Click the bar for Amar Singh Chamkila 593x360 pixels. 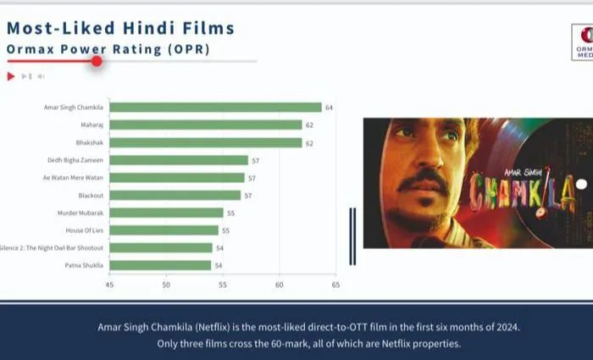215,108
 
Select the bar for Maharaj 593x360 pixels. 206,125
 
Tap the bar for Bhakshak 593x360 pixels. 206,142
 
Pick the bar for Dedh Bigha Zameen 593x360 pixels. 179,160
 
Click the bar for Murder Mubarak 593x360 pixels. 167,213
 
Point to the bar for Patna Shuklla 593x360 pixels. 161,265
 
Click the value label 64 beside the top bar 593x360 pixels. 329,108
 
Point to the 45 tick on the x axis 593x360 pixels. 109,285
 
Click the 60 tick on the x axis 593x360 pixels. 279,285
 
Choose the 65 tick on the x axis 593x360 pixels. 335,285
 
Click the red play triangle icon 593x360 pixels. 11,76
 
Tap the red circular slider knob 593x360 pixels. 97,61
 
